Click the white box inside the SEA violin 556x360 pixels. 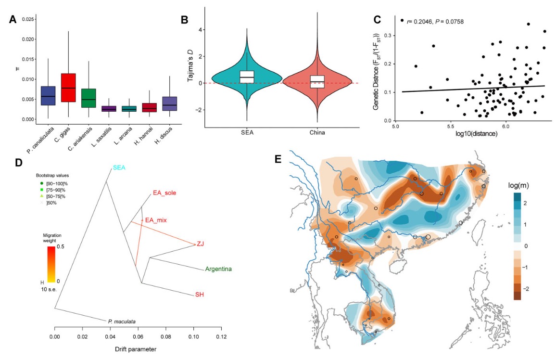247,73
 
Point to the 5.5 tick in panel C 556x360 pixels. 450,126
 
